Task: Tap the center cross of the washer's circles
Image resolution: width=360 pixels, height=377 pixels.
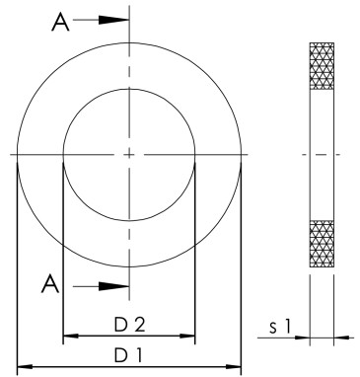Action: pos(129,154)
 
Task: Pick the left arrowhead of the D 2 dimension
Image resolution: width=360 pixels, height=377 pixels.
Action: pos(69,337)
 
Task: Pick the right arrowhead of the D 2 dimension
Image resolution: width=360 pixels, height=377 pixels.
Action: pos(189,337)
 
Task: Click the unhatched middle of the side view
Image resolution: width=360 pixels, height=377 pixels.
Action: pos(323,155)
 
